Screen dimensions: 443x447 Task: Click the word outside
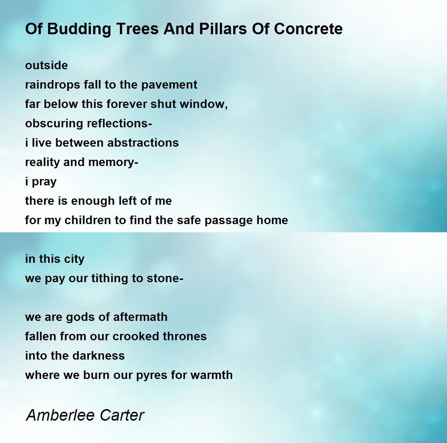(x=47, y=66)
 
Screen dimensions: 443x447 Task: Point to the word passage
(x=229, y=221)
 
